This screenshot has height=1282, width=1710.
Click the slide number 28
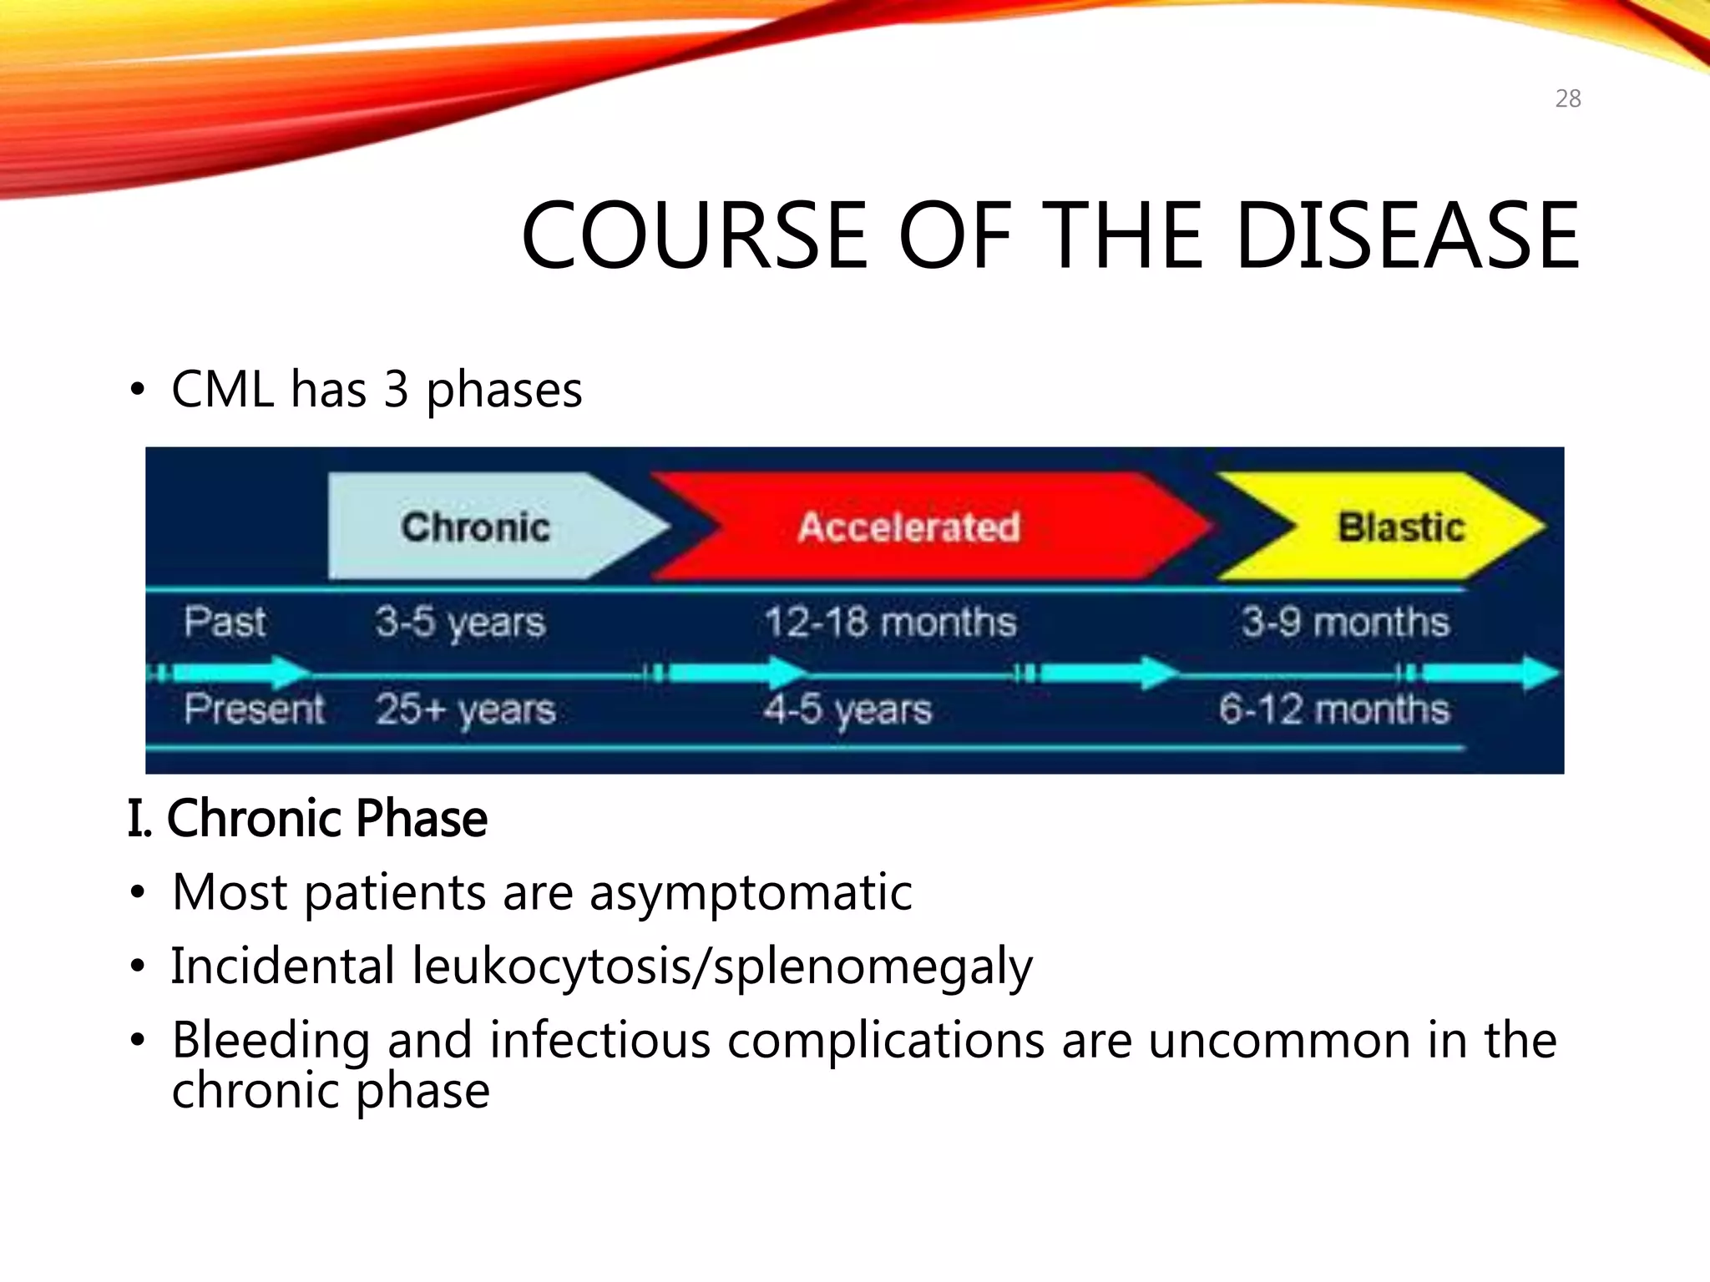(1567, 98)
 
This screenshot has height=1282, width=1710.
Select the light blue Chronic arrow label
(475, 527)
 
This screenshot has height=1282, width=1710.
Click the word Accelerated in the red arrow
(908, 527)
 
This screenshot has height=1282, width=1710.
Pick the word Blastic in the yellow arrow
(1401, 527)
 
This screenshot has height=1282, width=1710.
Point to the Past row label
(225, 622)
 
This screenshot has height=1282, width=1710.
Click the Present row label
(254, 709)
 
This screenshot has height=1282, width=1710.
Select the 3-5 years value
(460, 623)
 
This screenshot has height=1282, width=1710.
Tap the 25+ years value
(465, 710)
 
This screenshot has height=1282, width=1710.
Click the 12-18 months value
(890, 623)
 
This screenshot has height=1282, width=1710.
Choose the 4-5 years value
(847, 710)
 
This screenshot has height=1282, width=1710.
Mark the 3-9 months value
(1344, 623)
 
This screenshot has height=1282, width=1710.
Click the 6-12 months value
(1333, 710)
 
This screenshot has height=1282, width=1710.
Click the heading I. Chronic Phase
(307, 818)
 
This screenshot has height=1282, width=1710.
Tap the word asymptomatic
(751, 892)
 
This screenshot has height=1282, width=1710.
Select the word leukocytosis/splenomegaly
(722, 967)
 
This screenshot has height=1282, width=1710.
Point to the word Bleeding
(271, 1041)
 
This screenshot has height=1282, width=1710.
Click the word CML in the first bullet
(222, 389)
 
